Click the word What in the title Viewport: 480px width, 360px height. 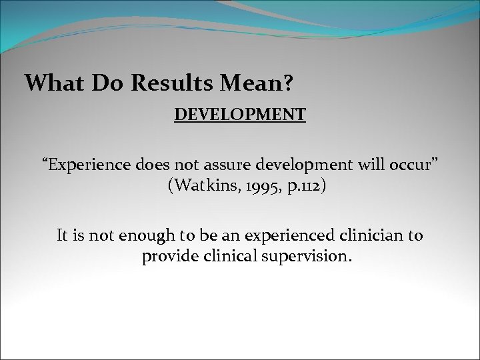coord(50,83)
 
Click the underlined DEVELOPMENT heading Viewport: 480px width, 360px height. coord(240,115)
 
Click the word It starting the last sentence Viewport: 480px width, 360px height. coord(63,236)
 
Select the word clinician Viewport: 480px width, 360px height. coord(372,236)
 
